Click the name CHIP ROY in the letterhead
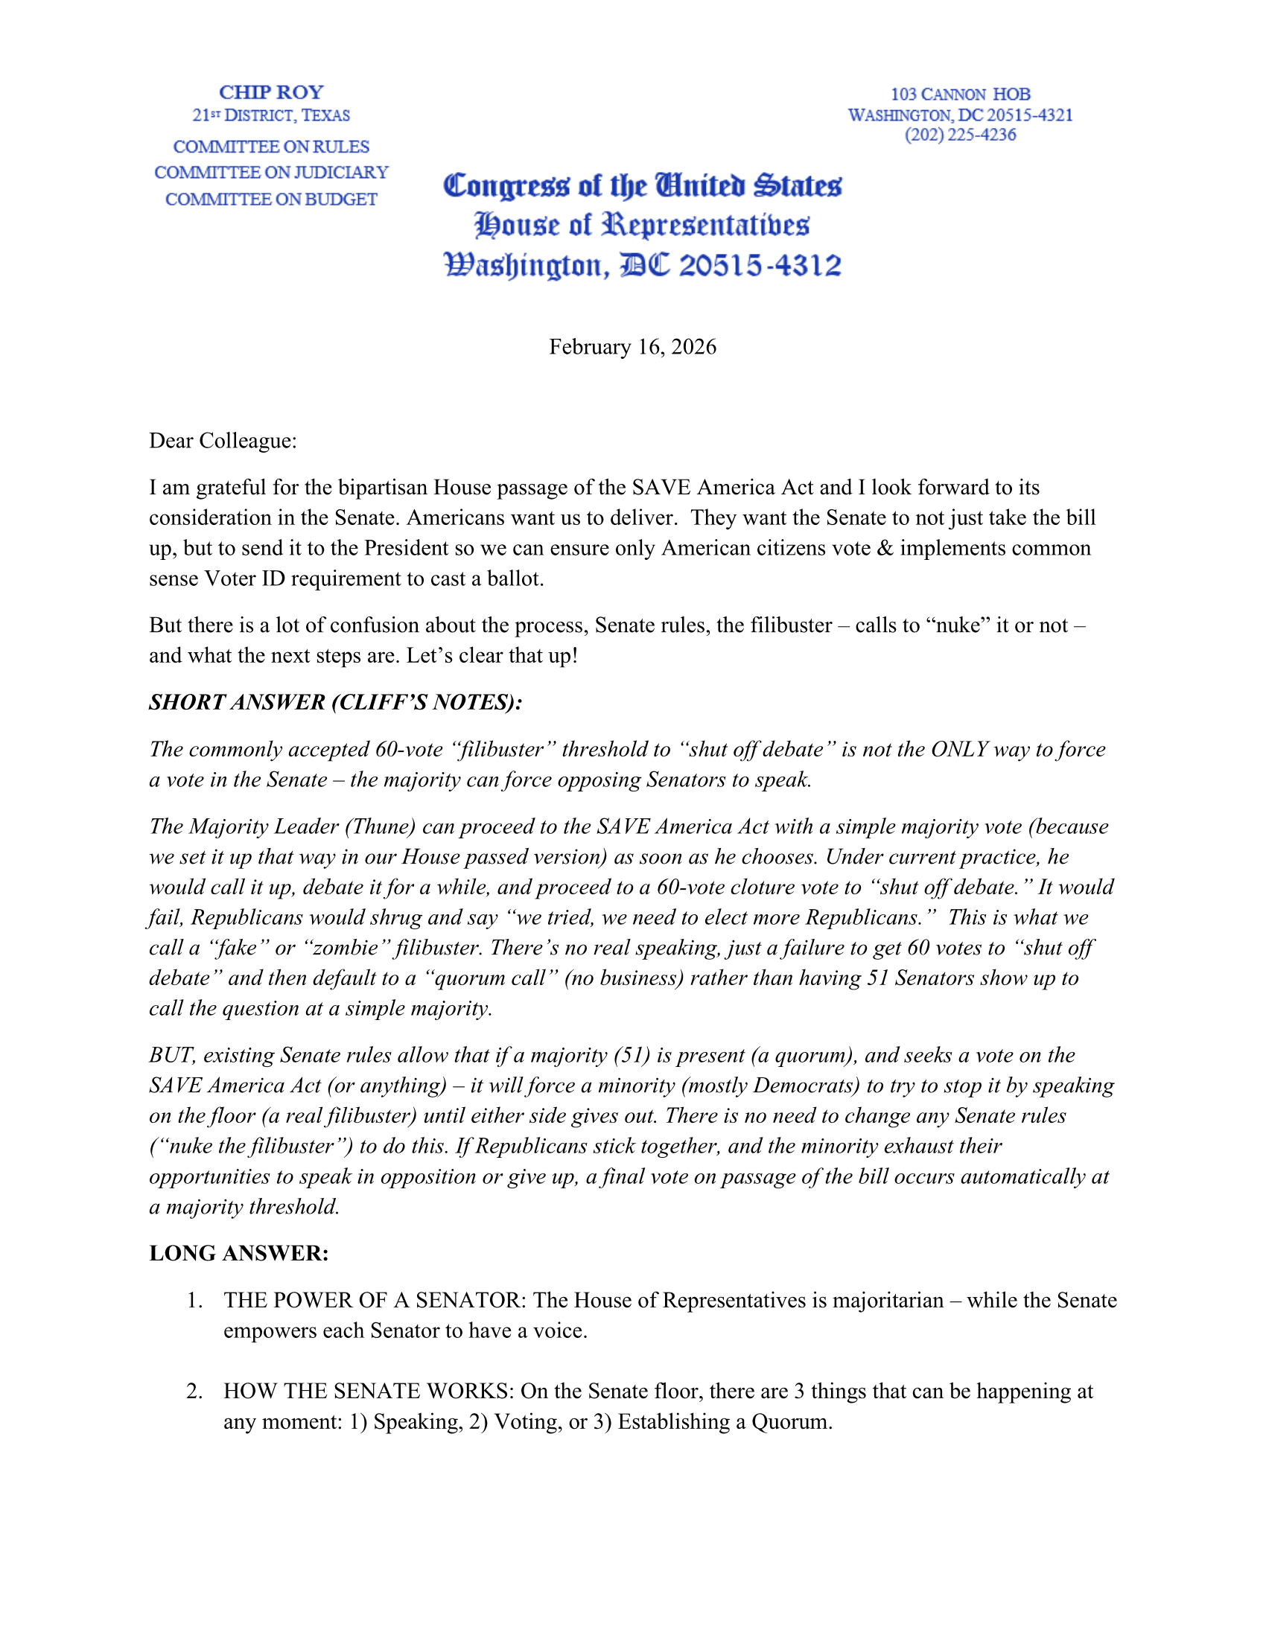point(271,92)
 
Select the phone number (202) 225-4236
point(960,135)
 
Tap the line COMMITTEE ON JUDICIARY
point(271,173)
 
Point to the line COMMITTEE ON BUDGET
point(271,200)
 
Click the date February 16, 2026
point(632,346)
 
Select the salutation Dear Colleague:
point(223,440)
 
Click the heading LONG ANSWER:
point(238,1253)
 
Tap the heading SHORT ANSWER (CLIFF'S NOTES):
point(335,702)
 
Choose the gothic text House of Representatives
point(642,225)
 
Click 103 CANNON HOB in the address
point(960,95)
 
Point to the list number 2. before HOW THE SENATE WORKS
point(194,1392)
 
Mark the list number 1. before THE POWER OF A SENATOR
point(194,1301)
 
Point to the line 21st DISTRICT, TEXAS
point(271,115)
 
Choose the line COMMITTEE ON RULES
point(271,147)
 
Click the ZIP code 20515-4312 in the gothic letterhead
point(760,266)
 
